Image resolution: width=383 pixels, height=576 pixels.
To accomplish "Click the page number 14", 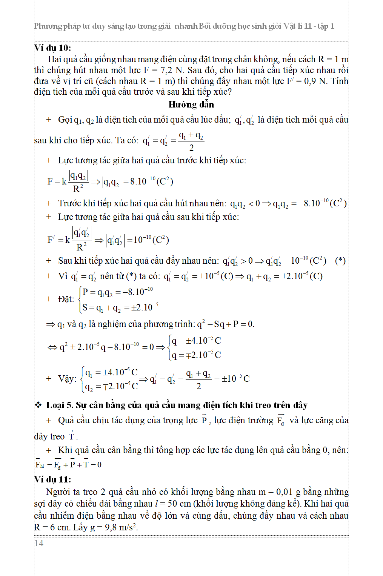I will (39, 543).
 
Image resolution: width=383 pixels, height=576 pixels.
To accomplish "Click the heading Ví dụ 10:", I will (52, 48).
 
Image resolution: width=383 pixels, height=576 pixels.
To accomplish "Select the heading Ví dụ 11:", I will (52, 479).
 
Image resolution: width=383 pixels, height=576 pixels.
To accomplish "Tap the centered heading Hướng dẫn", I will (191, 104).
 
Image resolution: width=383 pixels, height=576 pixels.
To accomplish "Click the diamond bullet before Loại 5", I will (38, 405).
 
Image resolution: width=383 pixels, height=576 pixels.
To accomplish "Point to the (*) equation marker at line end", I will (340, 261).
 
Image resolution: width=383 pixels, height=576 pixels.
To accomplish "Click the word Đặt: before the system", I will (66, 300).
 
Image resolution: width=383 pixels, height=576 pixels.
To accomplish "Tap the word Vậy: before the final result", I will (67, 379).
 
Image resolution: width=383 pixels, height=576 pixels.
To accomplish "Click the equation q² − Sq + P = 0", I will (225, 324).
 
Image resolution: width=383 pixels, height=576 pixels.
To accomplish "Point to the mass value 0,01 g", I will (288, 492).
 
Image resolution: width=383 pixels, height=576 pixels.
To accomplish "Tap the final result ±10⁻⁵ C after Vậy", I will (235, 378).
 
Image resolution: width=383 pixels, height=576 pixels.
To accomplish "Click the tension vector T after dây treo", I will (72, 436).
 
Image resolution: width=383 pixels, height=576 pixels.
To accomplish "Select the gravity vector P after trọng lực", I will (204, 420).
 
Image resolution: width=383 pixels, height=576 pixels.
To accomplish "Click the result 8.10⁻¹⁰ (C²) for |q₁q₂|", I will (151, 181).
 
